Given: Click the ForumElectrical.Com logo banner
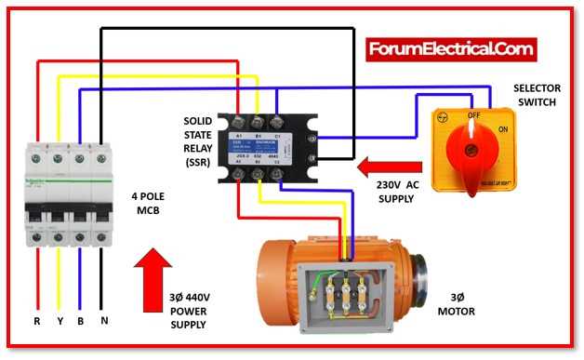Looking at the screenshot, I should click(x=451, y=48).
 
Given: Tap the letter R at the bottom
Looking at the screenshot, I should click(x=38, y=320).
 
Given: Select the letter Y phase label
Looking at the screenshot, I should click(x=60, y=320).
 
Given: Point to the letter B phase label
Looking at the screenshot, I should click(x=81, y=320).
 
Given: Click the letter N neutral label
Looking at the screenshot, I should click(x=103, y=320).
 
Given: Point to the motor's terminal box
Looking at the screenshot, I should click(x=344, y=296).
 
